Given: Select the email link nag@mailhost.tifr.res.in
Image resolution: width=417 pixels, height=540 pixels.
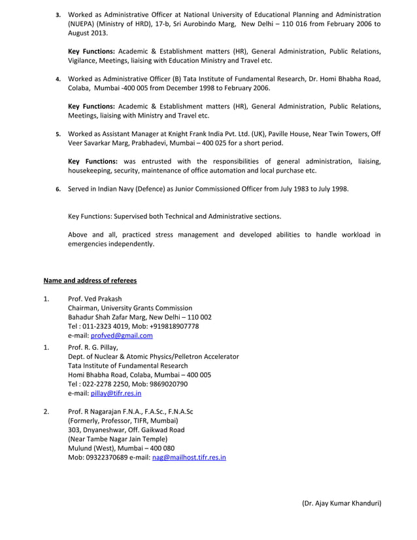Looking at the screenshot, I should coord(189,458).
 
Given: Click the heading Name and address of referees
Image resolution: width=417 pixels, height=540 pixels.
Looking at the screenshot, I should coord(90,280).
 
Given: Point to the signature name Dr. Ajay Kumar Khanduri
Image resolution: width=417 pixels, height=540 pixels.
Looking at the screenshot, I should coord(341,503).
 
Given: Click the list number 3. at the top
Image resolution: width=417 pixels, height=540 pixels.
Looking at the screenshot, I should coord(58,14).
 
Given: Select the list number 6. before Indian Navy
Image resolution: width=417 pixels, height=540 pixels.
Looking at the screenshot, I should coord(58,190).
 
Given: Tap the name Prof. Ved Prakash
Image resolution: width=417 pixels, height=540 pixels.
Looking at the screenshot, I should coord(95,299).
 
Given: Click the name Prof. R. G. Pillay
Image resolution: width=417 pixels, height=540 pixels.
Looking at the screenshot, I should coord(92,347).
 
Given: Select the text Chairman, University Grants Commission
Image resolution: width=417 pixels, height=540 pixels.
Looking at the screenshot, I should coord(130,308).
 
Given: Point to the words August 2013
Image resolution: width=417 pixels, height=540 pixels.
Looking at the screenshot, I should coord(89,33).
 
